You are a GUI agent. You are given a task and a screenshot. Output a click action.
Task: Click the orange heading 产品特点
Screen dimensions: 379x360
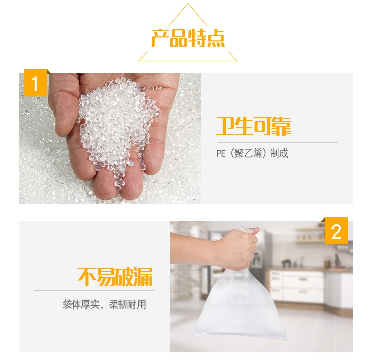coord(188,38)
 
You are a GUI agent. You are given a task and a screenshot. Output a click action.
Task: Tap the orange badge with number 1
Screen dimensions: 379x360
coord(35,83)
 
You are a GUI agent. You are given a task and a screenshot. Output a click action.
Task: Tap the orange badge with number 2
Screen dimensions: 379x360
coord(336,231)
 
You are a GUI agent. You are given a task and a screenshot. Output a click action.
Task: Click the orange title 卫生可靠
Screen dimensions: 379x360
coord(253,126)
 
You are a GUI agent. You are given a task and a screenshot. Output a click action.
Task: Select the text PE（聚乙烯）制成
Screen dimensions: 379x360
coord(252,153)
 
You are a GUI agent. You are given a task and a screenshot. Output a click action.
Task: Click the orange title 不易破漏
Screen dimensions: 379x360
coord(115,277)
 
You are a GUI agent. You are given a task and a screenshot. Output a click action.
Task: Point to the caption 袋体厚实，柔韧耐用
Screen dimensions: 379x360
coord(104,304)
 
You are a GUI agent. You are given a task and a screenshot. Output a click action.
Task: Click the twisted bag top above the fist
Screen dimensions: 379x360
coord(245,229)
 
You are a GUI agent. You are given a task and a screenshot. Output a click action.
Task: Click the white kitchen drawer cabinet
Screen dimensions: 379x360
coord(297,286)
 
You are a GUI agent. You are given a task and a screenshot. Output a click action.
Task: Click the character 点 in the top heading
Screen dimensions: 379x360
coord(216,38)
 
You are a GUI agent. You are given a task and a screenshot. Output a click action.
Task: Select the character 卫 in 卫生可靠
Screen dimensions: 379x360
coord(225,126)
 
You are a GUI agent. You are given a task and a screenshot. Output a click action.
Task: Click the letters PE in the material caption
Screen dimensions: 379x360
coord(221,153)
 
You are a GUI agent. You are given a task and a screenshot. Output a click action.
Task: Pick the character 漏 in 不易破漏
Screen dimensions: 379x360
coord(144,277)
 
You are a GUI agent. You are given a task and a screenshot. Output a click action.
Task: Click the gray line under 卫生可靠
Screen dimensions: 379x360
coord(278,143)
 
